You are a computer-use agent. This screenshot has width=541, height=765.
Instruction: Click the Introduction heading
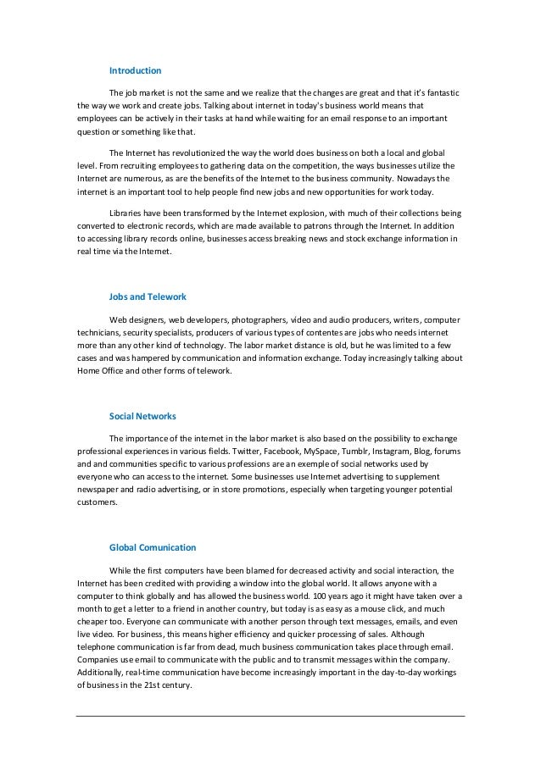[x=135, y=70]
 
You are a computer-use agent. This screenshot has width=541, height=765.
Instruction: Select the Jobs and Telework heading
[x=148, y=297]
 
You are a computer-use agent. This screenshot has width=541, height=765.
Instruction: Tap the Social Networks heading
[x=143, y=416]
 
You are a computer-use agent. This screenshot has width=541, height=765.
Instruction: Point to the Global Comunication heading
[x=153, y=546]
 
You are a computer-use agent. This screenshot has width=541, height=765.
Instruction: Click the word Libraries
[x=127, y=213]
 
